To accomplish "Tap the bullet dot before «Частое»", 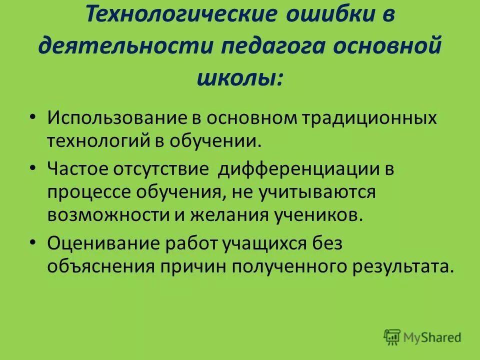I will (33, 168).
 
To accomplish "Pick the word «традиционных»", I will (371, 118).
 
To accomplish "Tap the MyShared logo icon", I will (392, 337).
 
